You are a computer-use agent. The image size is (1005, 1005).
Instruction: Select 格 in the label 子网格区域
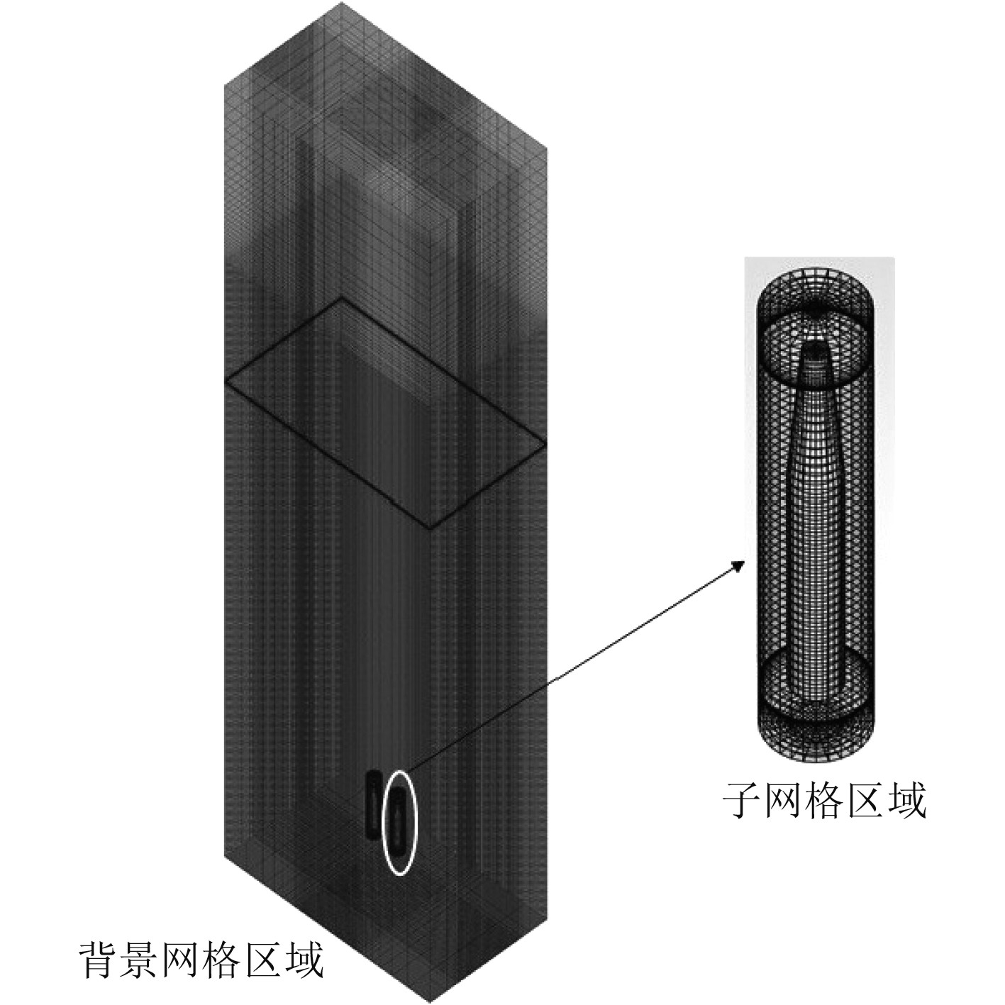point(825,801)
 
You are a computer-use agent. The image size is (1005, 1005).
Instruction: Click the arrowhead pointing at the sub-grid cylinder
point(740,565)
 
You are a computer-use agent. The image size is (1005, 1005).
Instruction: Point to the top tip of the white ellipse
point(401,771)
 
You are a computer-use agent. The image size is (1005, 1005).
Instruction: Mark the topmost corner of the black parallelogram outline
point(343,298)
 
